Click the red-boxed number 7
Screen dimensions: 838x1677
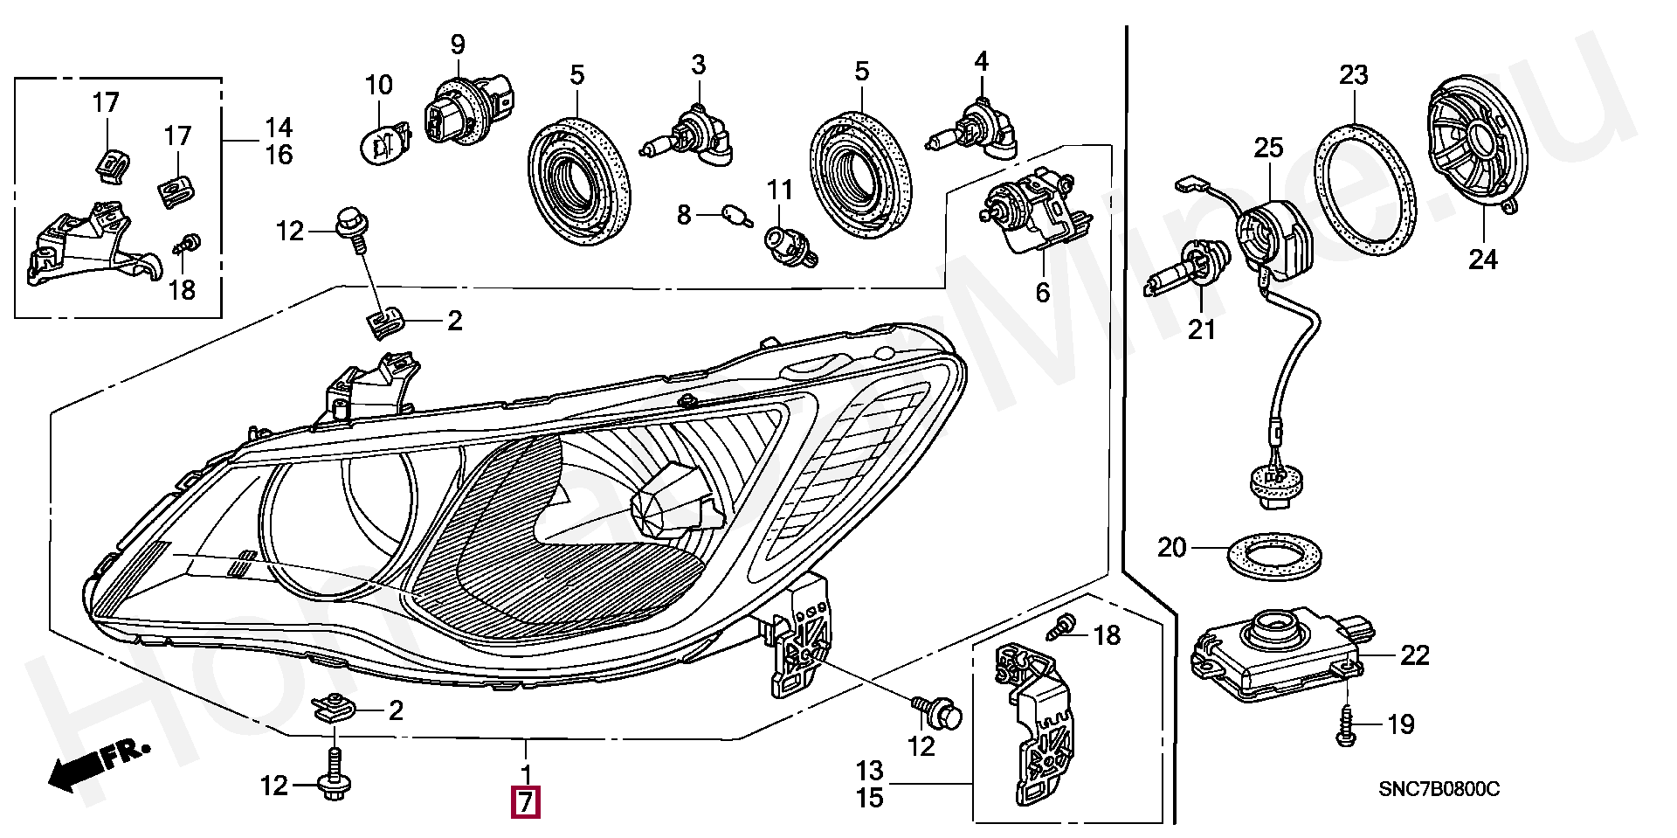pyautogui.click(x=525, y=802)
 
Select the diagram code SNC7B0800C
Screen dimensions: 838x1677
pyautogui.click(x=1439, y=790)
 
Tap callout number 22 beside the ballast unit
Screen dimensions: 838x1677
pyautogui.click(x=1415, y=655)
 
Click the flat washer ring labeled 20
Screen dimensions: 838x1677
pyautogui.click(x=1274, y=558)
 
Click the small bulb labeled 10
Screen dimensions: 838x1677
pyautogui.click(x=385, y=142)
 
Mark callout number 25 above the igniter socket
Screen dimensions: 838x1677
pyautogui.click(x=1268, y=148)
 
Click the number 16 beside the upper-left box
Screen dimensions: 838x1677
pyautogui.click(x=279, y=155)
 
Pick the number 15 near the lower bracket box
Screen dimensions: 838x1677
pyautogui.click(x=869, y=798)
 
